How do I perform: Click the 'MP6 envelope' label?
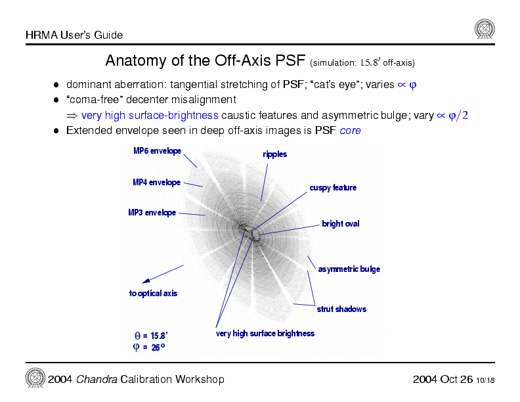point(157,151)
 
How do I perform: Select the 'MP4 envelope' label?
point(156,182)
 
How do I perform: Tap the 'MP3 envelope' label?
point(152,213)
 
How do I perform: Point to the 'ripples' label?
point(274,154)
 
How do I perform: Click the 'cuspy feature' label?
point(333,188)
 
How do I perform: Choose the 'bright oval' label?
point(340,224)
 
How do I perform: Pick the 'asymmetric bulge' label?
point(349,269)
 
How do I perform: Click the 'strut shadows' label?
point(341,309)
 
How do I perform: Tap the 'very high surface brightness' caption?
point(265,334)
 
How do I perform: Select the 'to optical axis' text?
point(153,294)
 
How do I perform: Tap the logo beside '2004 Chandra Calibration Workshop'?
point(35,378)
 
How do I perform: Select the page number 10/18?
point(486,380)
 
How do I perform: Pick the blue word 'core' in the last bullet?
point(350,131)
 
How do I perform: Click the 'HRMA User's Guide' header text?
point(74,35)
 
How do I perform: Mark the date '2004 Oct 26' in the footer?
point(443,380)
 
